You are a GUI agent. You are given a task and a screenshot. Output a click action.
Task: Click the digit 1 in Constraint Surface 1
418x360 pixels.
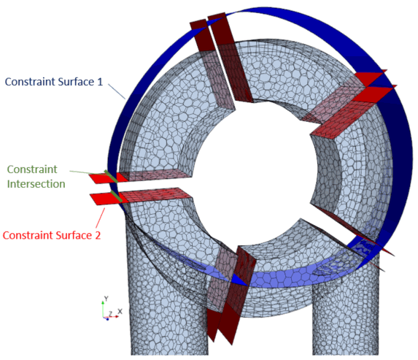pos(100,82)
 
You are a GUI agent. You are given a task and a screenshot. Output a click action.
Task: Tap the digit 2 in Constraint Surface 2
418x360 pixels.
pos(98,235)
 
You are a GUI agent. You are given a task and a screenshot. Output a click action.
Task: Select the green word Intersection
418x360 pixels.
pos(36,184)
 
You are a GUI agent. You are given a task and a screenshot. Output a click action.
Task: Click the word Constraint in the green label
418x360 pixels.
pos(32,169)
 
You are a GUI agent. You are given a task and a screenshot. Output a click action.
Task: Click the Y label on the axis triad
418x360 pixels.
pos(106,299)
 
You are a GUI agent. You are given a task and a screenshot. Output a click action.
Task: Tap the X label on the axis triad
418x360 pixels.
pos(120,311)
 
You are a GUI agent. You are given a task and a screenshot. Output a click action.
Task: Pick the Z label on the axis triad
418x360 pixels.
pos(110,313)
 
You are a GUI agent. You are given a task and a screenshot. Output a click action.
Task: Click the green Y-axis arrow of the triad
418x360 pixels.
pos(103,309)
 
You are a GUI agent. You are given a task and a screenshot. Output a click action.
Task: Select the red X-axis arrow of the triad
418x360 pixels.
pos(111,317)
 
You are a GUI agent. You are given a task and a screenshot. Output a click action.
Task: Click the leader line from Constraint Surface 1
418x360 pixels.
pos(117,91)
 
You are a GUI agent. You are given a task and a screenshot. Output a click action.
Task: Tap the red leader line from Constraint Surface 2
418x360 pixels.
pos(100,218)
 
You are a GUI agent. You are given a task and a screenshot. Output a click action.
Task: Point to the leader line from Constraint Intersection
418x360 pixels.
pos(87,172)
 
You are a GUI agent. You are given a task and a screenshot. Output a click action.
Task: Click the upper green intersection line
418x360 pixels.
pos(111,176)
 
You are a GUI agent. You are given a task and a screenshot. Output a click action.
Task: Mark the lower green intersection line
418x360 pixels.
pos(117,196)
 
